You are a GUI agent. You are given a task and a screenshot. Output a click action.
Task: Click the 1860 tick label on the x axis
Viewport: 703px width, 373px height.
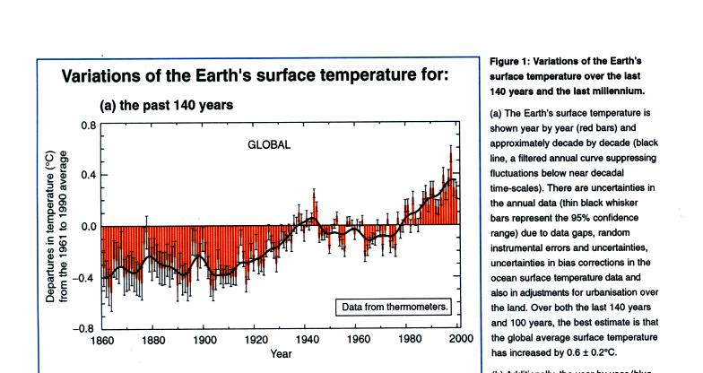point(101,341)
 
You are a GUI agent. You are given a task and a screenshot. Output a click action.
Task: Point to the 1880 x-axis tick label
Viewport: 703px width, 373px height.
point(153,341)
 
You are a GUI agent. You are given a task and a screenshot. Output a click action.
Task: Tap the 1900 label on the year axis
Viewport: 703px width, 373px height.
point(204,341)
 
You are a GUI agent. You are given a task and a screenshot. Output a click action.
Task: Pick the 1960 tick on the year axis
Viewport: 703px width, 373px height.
point(359,341)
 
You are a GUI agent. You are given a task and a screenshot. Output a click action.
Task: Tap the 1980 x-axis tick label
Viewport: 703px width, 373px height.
point(410,341)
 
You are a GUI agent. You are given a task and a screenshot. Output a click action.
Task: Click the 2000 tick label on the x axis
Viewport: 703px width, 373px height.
point(460,341)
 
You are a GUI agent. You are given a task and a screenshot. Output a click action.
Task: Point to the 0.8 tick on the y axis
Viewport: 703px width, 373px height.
point(87,125)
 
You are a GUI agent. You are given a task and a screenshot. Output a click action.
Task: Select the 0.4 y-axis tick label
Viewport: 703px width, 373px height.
point(87,175)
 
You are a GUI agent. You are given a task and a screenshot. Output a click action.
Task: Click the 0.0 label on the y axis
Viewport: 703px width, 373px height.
point(87,227)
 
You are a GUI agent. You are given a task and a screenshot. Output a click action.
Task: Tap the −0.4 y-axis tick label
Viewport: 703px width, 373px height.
point(84,278)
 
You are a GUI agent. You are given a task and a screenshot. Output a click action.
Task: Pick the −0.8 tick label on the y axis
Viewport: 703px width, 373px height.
point(84,328)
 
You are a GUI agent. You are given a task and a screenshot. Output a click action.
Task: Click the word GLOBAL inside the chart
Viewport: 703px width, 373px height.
point(270,144)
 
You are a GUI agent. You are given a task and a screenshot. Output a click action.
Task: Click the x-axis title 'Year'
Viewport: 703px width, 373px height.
point(282,353)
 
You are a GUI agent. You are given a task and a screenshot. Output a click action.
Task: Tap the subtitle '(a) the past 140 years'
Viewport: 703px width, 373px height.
point(166,105)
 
